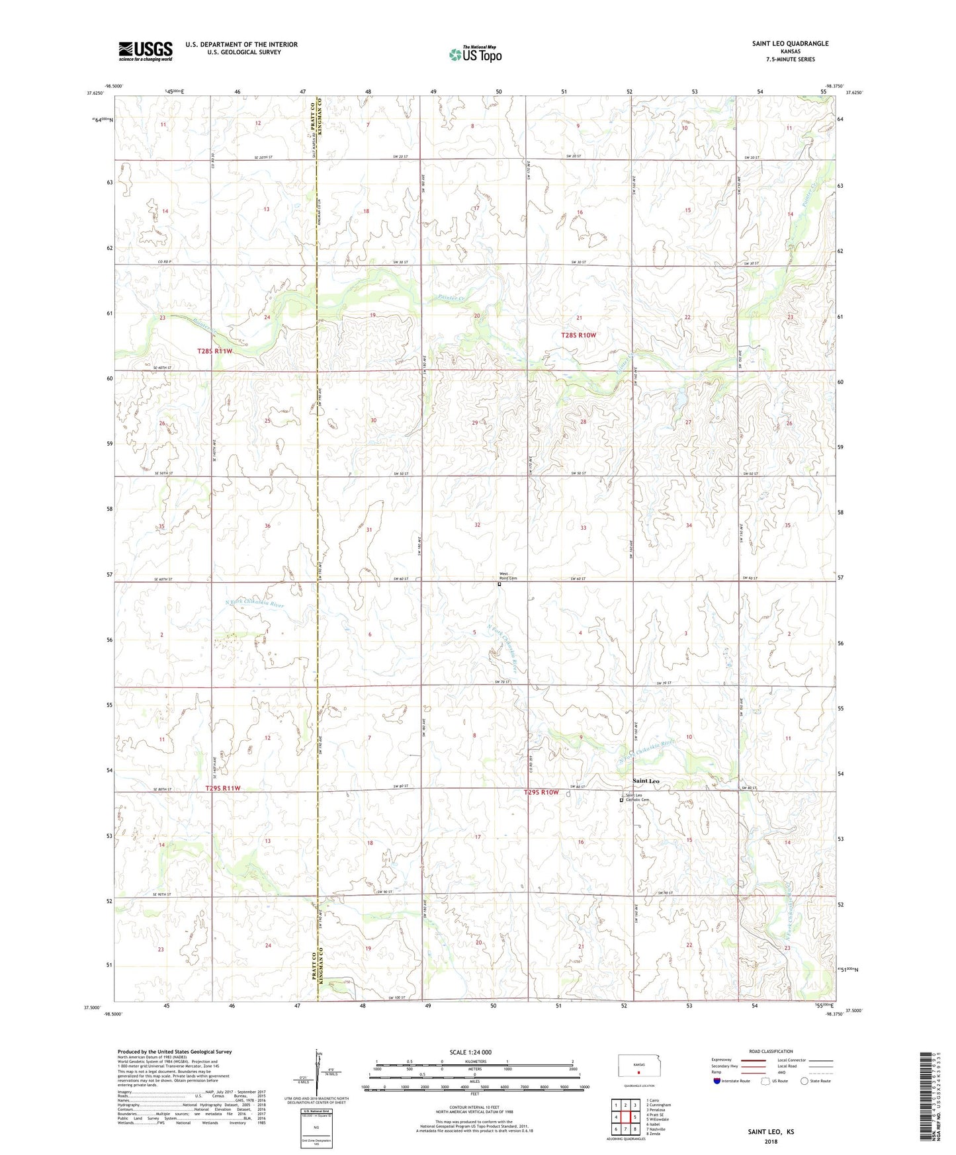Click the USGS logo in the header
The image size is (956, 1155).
pyautogui.click(x=145, y=51)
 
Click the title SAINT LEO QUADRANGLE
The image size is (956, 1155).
pyautogui.click(x=789, y=44)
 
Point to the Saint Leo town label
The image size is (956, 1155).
pyautogui.click(x=646, y=781)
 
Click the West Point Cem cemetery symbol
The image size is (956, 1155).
pyautogui.click(x=500, y=584)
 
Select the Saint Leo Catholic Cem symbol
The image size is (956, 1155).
pyautogui.click(x=621, y=800)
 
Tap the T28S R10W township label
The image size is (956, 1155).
pyautogui.click(x=578, y=335)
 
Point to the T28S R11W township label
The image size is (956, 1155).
pyautogui.click(x=215, y=351)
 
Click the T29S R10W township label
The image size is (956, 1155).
pyautogui.click(x=541, y=792)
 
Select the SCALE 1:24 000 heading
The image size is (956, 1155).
pyautogui.click(x=470, y=1052)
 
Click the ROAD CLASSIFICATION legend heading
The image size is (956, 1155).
pyautogui.click(x=771, y=1051)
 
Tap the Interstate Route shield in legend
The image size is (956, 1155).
pyautogui.click(x=717, y=1081)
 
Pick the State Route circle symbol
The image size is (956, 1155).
pyautogui.click(x=804, y=1081)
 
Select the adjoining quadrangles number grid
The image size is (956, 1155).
pyautogui.click(x=625, y=1118)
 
